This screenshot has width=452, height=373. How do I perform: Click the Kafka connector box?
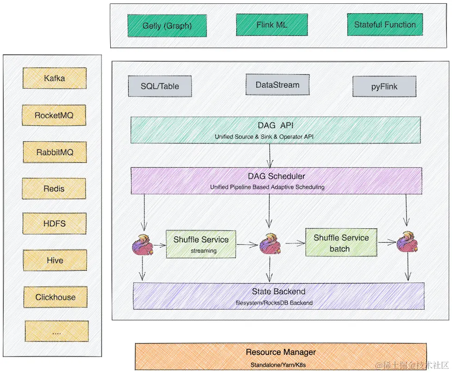pos(55,78)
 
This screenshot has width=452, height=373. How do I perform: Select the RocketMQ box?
pos(54,115)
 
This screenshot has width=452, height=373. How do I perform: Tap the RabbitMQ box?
pos(55,152)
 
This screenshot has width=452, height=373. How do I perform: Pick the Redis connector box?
pos(54,188)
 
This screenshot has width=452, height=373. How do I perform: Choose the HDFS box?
pos(54,224)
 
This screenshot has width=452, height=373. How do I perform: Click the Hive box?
pos(55,260)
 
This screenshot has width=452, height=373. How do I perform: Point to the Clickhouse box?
pos(56,297)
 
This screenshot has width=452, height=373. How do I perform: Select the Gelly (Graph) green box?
pos(160,26)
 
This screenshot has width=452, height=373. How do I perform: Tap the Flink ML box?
pos(271,25)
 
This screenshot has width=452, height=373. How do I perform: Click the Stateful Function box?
pos(384,25)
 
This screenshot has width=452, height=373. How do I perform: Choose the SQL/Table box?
pos(160,86)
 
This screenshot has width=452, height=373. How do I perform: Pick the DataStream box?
pos(277,85)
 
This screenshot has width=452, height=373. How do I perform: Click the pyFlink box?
pos(384,86)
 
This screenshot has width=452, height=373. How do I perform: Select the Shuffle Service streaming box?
pos(201,244)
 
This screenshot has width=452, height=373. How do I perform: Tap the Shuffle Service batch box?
pos(341,243)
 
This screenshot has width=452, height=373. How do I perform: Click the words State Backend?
pos(278,291)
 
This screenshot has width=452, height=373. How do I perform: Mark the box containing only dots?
pos(56,331)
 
